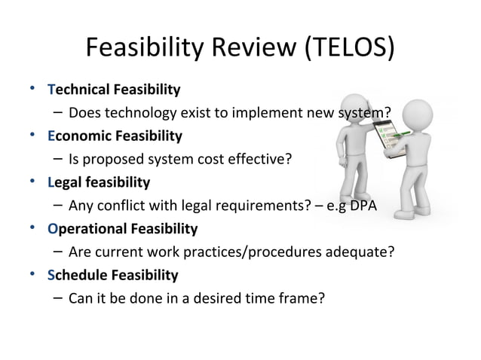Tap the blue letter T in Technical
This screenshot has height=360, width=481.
(51, 92)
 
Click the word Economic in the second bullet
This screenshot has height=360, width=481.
(80, 137)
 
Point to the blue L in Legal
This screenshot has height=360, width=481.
(50, 182)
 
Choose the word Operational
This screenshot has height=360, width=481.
(86, 228)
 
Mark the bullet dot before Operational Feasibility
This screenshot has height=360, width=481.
(32, 227)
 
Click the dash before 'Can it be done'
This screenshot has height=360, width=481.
(57, 297)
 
